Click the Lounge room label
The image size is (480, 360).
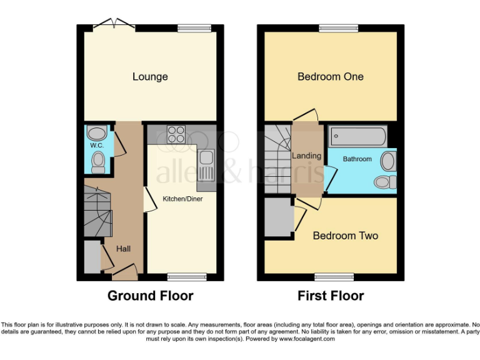(150, 77)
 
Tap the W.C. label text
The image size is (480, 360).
(96, 146)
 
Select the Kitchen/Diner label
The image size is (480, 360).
(182, 199)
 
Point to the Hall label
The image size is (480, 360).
(123, 249)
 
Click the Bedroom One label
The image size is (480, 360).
(330, 77)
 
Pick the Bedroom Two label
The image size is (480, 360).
(345, 236)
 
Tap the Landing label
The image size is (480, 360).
(307, 156)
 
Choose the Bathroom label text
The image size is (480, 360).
(357, 159)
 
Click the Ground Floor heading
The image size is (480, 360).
(150, 296)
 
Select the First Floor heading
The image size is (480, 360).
(331, 296)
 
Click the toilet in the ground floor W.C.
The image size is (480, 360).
(97, 163)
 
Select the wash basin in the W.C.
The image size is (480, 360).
(97, 132)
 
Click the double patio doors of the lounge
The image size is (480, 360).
(114, 26)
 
